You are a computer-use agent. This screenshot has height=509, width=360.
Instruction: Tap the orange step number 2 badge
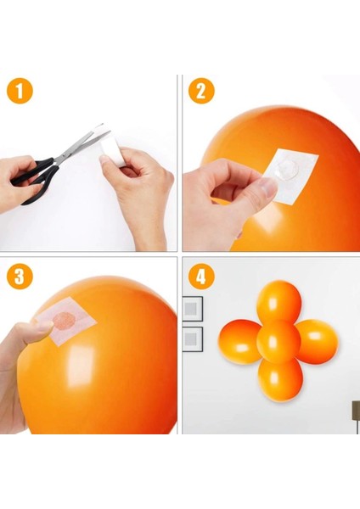click(200, 91)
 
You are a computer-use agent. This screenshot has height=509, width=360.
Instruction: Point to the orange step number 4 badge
click(201, 276)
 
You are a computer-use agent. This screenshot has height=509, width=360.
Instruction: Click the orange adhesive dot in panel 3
click(64, 321)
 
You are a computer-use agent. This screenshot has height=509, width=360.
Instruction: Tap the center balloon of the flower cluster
click(278, 341)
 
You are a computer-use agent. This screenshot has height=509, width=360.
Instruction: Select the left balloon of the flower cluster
click(239, 341)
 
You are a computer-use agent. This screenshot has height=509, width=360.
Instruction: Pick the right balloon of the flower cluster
click(318, 341)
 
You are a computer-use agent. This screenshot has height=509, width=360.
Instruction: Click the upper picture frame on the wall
click(193, 307)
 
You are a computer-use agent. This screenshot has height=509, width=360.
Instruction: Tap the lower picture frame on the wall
click(193, 338)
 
